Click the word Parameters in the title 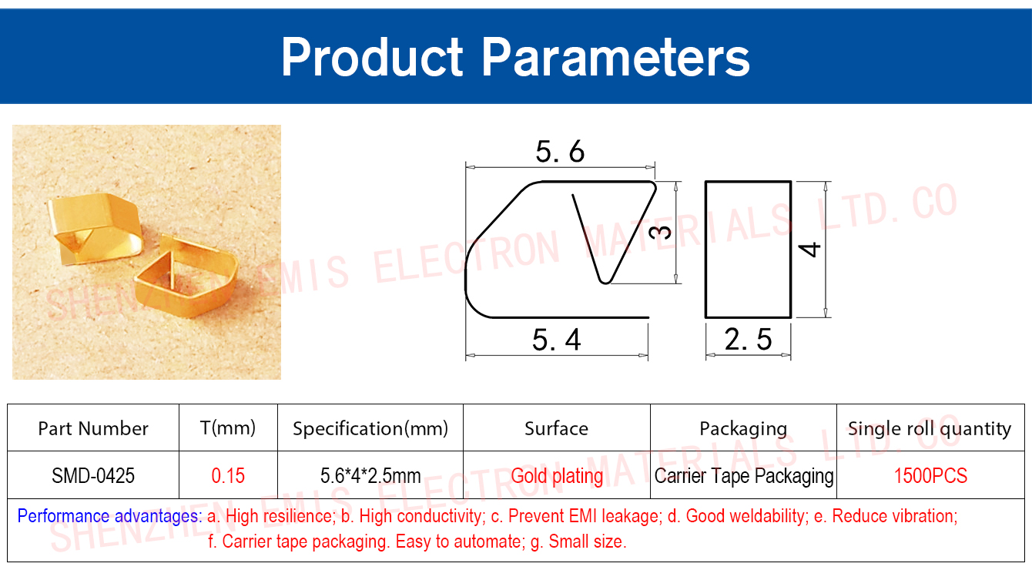point(615,57)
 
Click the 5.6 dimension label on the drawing point(560,152)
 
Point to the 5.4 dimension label point(556,340)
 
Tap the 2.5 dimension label point(748,340)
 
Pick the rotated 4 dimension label point(809,250)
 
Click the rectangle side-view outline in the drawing point(705,250)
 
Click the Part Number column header point(93,428)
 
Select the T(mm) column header point(228,428)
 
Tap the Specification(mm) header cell point(370,428)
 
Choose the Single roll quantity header point(930,429)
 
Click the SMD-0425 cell point(93,475)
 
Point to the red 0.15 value point(228,475)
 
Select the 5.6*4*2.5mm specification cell point(370,475)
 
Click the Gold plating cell point(557,476)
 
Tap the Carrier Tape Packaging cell point(744,476)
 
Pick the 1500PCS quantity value point(930,475)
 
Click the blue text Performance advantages point(109,516)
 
